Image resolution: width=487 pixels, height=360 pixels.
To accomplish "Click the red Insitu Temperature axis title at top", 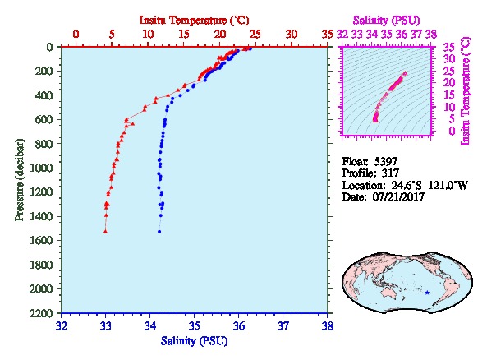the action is [x=194, y=21].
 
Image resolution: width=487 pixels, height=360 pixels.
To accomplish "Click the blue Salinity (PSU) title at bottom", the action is [x=194, y=341].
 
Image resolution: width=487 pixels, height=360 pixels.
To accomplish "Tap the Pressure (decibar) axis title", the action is [x=20, y=180].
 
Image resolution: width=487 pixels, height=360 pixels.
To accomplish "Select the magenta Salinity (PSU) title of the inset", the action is [x=386, y=21].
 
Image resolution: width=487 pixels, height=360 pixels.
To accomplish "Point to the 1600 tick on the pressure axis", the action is [x=41, y=240].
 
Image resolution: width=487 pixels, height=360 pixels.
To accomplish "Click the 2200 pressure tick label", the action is [x=41, y=313].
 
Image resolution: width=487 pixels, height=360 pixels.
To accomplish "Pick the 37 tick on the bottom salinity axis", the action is [x=283, y=326].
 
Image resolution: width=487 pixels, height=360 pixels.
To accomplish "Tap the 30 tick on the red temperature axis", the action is [x=292, y=34].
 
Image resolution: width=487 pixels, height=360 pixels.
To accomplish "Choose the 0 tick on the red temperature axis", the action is [x=76, y=34].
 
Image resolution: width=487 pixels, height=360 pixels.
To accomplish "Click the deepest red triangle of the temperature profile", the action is [x=105, y=231].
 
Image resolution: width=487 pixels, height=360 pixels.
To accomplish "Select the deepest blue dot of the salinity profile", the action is [x=159, y=232].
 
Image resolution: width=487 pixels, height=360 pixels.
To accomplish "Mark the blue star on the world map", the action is [x=427, y=293].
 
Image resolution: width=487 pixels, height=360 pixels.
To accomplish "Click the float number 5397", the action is [x=385, y=161].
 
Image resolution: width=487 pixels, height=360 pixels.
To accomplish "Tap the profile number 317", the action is [x=390, y=173].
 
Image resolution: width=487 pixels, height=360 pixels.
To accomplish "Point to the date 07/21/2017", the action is [x=398, y=196].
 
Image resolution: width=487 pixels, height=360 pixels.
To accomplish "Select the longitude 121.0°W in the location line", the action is [x=448, y=185].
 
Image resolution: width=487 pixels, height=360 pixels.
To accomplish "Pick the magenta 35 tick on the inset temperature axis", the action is [x=449, y=48].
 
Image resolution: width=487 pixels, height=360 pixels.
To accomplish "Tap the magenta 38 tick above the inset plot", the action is [x=431, y=34].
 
